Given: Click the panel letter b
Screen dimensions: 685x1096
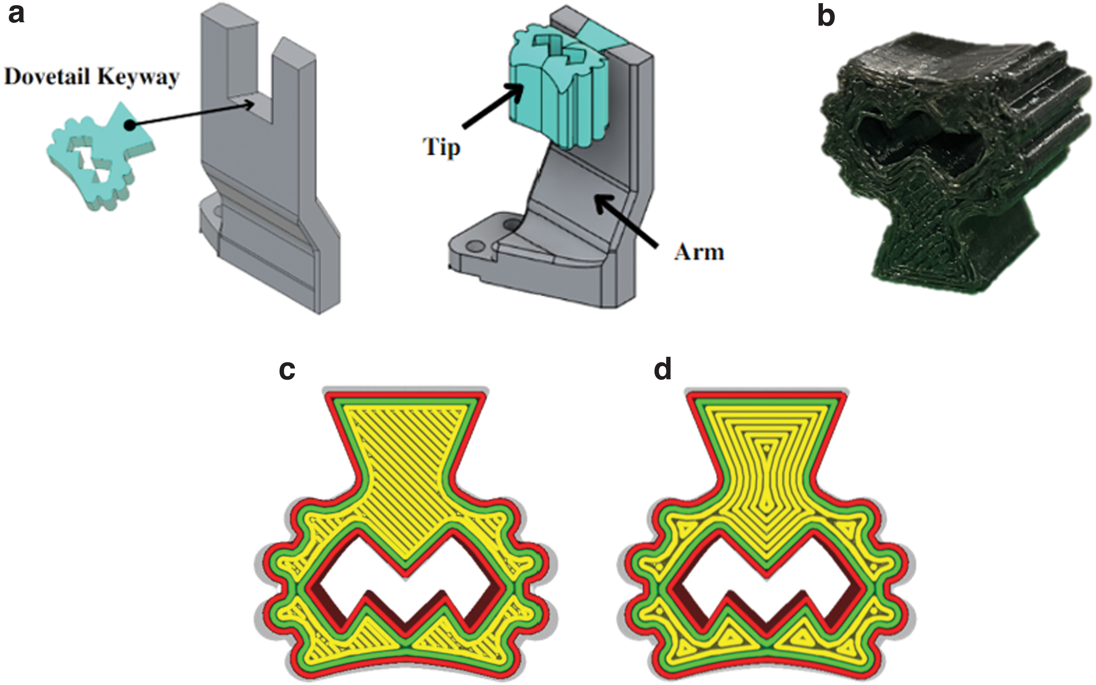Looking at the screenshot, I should click(x=826, y=17).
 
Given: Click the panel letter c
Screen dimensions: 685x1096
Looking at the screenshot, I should click(x=287, y=370).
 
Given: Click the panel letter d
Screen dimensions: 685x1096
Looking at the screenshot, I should click(x=663, y=370).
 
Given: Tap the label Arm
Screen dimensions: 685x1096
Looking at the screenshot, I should click(x=699, y=251).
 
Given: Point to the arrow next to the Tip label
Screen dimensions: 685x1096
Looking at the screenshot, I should click(x=491, y=107).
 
